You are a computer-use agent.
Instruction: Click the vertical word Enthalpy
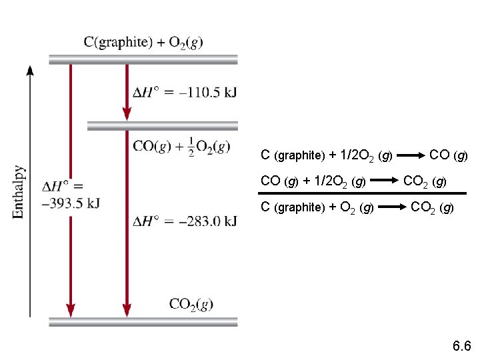(19, 191)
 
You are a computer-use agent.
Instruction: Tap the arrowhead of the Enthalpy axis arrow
(30, 70)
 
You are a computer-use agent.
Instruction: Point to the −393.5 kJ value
(71, 204)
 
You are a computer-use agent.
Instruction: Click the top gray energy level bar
(143, 59)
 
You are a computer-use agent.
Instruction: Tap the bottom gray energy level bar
(143, 321)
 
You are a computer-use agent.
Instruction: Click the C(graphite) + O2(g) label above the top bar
(143, 42)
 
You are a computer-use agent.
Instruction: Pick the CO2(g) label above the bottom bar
(191, 304)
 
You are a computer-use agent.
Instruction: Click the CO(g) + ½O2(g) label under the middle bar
(181, 147)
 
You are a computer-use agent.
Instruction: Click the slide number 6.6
(461, 346)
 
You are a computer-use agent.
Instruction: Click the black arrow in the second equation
(385, 181)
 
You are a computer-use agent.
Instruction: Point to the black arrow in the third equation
(392, 207)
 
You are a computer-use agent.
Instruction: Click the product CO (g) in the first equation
(449, 156)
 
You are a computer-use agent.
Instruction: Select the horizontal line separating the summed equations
(363, 193)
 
